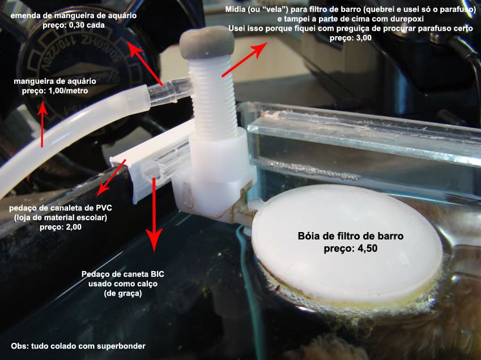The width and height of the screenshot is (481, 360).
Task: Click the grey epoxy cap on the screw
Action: point(207,42)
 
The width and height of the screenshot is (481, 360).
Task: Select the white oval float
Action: point(347,243)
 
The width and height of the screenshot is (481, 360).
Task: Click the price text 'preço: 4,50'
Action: point(350,248)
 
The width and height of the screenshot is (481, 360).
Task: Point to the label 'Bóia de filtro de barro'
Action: point(350,235)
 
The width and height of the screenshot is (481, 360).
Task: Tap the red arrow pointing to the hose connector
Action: point(144,63)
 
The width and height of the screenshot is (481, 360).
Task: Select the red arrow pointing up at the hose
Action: point(42,124)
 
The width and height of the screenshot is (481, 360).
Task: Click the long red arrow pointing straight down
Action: point(154,215)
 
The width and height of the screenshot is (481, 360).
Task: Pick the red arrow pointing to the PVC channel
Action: point(111,178)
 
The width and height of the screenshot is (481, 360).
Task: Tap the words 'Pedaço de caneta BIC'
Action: point(123,274)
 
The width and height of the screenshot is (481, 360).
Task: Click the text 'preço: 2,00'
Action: point(61,227)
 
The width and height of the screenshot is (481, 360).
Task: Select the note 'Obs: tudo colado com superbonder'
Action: point(78,346)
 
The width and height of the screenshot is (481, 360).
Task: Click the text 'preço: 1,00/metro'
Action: point(55,91)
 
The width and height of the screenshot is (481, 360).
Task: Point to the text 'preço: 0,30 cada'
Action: point(74,25)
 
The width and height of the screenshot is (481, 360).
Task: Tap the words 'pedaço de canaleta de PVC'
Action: point(61,208)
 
